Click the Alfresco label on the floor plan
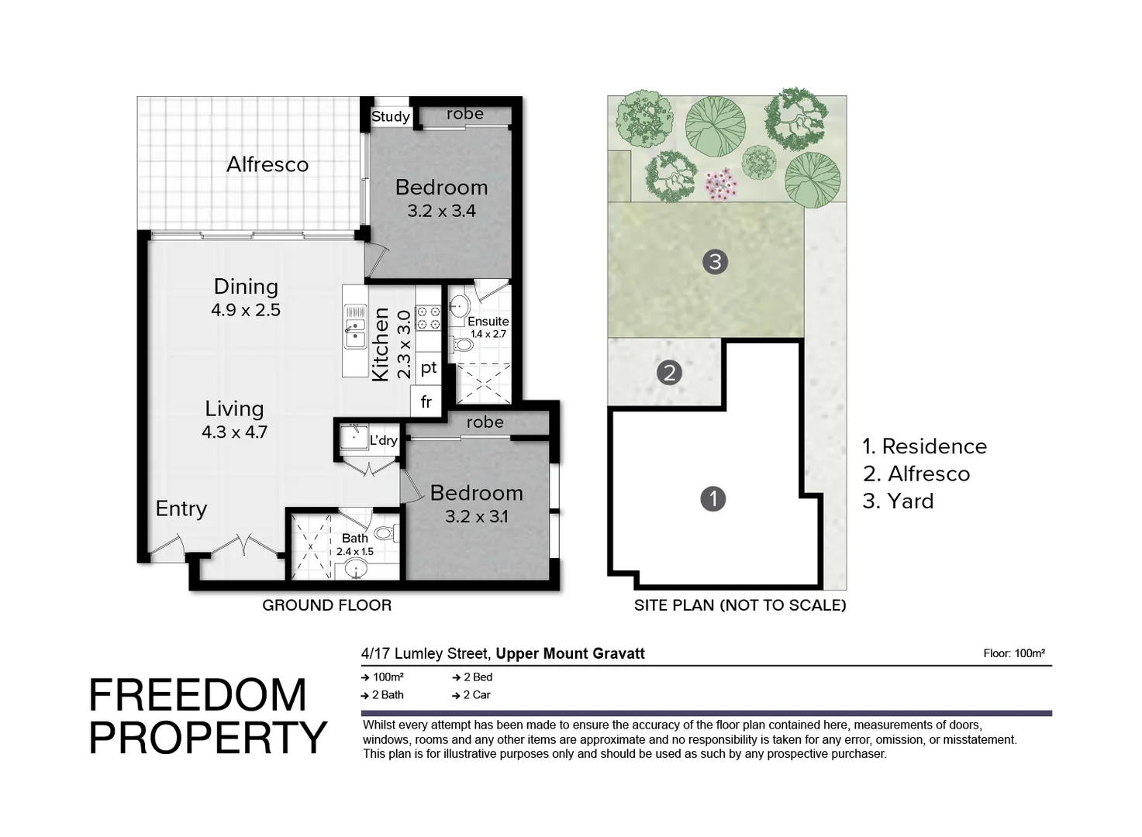267,164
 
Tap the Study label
390,116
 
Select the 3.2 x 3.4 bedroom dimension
441,211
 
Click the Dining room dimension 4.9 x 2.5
246,310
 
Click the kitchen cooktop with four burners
428,317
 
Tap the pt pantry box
429,368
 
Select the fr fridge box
426,402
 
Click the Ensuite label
488,321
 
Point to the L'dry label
383,440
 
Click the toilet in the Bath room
385,533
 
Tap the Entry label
181,509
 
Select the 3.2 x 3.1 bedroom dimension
476,517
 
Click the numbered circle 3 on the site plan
715,262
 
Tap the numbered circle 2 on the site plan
669,373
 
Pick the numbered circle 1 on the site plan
712,498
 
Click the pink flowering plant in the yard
721,184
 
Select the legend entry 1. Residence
924,446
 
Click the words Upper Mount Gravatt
570,653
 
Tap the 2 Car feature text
476,695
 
